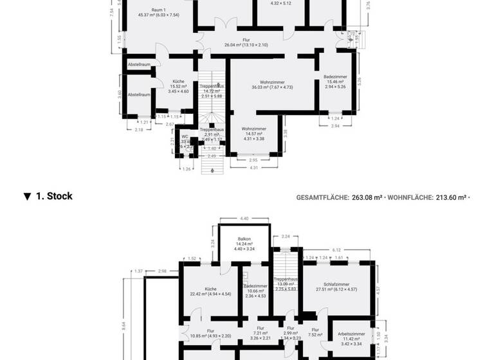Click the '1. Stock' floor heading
click(54, 197)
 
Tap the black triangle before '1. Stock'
click(27, 197)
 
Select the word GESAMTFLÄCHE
click(322, 197)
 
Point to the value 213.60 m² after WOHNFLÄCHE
click(450, 197)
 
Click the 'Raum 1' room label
click(159, 10)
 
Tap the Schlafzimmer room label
click(336, 284)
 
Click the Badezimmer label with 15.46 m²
click(336, 76)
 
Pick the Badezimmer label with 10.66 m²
click(255, 285)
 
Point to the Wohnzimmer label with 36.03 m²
click(272, 82)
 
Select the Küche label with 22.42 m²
click(210, 289)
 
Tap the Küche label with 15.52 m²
click(178, 82)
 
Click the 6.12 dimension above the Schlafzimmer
click(336, 249)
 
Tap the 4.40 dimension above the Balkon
click(244, 219)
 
